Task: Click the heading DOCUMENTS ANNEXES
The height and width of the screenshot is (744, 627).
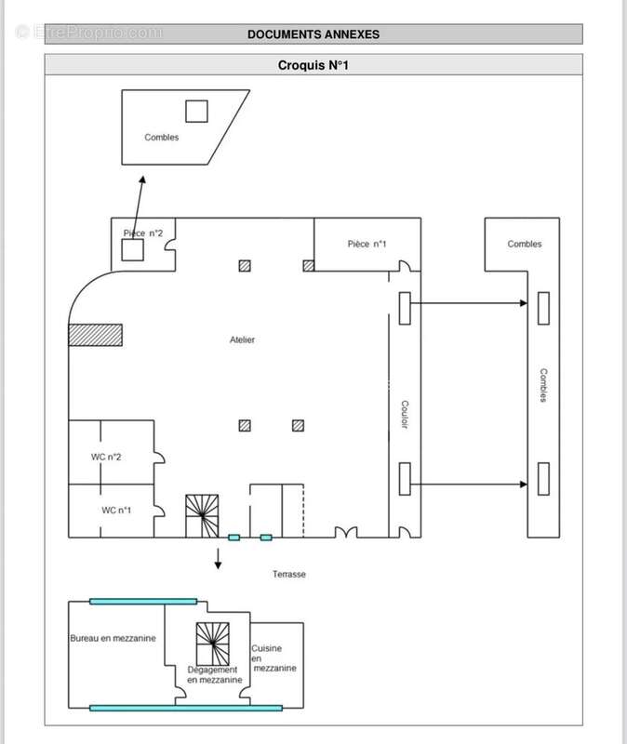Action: pos(313,34)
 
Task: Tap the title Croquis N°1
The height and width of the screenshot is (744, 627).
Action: pos(313,65)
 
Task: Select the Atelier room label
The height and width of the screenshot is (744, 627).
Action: pos(242,339)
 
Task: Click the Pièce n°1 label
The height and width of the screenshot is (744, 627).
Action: pos(367,244)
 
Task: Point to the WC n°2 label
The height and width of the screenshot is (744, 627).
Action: pos(106,457)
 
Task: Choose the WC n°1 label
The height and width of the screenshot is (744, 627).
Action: pos(116,510)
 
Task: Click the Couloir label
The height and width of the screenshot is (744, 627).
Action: pos(405,414)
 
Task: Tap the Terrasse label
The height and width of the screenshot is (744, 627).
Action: pos(289,574)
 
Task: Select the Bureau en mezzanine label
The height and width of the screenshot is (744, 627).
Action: pos(113,638)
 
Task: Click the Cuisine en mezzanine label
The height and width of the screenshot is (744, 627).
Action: pos(273,658)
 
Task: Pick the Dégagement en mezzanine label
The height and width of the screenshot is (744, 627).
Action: pos(215,675)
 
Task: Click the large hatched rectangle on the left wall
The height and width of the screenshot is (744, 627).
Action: pos(96,335)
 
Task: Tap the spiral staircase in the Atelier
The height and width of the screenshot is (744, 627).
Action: pos(202,516)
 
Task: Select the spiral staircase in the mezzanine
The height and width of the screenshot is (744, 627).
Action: pos(213,644)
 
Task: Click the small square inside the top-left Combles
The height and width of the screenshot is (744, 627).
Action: pos(196,111)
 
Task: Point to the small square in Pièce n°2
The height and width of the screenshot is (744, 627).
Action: pos(132,250)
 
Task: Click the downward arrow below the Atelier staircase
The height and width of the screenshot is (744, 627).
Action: pos(218,559)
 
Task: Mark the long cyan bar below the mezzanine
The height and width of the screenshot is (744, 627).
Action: pos(186,709)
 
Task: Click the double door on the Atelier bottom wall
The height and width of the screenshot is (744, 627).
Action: pos(346,532)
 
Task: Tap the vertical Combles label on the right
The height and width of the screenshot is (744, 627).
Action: pos(543,385)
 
